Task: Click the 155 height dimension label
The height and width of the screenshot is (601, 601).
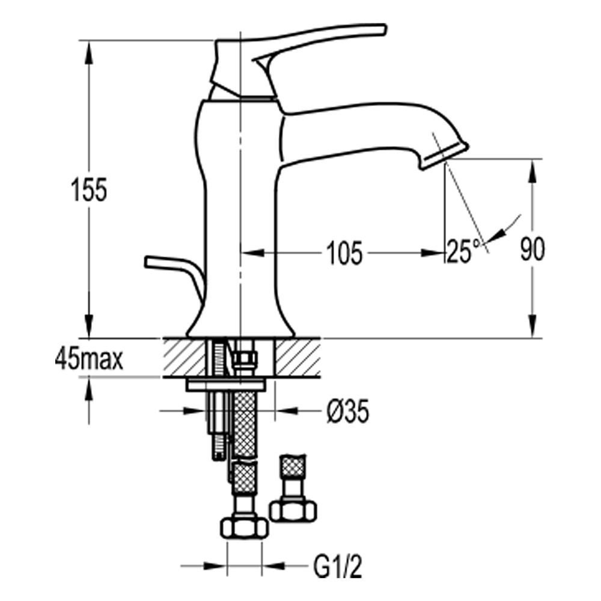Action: click(89, 190)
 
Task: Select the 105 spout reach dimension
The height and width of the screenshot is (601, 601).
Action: click(344, 253)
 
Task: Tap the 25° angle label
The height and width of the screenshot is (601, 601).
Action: click(463, 251)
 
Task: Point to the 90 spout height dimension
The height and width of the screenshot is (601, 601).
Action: click(532, 249)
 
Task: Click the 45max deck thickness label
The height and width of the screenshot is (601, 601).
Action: click(89, 359)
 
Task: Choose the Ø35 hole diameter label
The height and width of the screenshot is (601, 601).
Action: click(347, 411)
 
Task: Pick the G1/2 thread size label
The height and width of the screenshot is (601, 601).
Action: click(337, 567)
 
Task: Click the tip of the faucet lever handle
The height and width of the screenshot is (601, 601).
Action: click(384, 29)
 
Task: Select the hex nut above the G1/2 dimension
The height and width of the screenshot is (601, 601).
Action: click(244, 528)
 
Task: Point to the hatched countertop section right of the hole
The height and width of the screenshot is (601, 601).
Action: click(298, 357)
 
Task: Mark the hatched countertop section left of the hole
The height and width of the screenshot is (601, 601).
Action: click(185, 357)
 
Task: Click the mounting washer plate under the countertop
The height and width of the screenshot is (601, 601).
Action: click(225, 385)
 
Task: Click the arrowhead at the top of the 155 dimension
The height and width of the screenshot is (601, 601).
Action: click(89, 50)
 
